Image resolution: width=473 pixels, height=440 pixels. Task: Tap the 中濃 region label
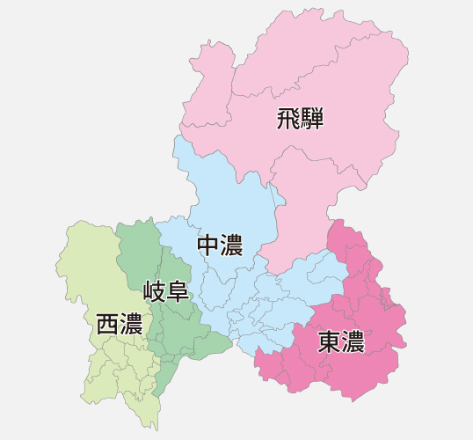220,246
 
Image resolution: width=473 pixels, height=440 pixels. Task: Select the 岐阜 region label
166,290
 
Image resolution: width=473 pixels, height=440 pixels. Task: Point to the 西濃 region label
120,324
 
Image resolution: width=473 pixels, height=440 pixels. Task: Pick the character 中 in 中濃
208,246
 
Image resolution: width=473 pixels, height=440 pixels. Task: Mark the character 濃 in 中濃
232,246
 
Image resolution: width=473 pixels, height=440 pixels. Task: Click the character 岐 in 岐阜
154,290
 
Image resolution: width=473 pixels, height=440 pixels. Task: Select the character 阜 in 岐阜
178,290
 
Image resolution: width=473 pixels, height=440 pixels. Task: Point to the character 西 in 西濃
107,324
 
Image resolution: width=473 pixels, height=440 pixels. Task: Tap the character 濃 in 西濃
132,324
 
